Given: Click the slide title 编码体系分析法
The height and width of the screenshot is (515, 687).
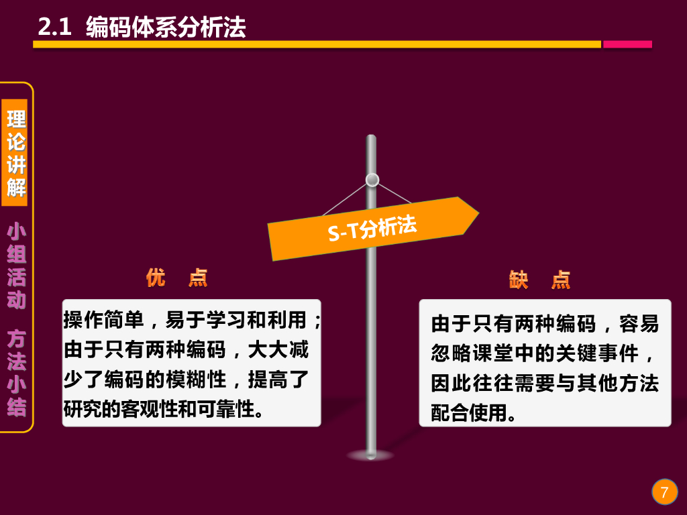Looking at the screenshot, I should [166, 27].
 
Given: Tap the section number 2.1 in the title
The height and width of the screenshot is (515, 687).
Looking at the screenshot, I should [54, 27].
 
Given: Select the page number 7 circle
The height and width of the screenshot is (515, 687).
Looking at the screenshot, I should [664, 492].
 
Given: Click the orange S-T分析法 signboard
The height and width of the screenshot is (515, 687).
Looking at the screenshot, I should [372, 228].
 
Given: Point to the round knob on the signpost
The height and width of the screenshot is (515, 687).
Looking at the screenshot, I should [372, 180].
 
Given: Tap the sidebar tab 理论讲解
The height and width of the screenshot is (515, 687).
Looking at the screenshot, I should [17, 153].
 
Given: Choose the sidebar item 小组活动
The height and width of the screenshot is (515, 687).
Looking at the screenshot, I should [17, 266].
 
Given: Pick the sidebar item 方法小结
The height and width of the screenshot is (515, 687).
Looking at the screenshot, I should [17, 373].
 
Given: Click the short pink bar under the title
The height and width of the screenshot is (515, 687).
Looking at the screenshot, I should [627, 44].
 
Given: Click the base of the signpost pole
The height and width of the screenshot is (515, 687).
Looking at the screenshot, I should [371, 455].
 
